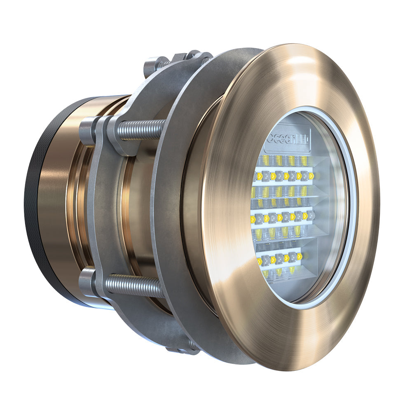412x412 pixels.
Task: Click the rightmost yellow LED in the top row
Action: point(311,176)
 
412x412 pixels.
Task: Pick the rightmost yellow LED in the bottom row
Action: point(300,256)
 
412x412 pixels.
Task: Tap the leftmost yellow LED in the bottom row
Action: point(260,261)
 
